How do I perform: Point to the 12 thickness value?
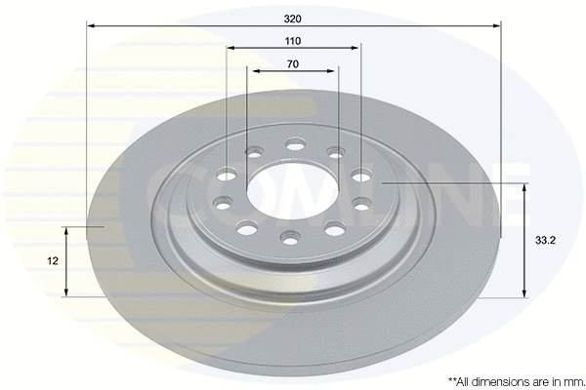coord(52,261)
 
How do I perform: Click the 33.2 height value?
coord(553,240)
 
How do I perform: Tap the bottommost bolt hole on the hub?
coord(290,237)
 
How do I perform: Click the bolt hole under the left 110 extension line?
coord(227,175)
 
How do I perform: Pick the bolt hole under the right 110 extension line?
coord(360,175)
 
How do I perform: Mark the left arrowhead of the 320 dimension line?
coord(91,26)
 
